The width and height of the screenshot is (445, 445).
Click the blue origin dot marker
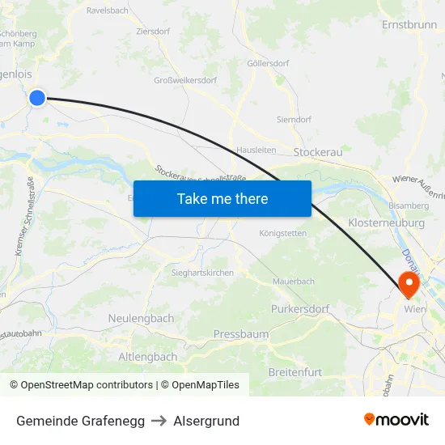pos(37,98)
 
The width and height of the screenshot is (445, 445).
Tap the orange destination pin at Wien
pos(408,284)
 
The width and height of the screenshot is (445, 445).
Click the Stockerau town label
pos(319,152)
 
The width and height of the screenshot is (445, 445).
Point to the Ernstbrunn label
pos(409,25)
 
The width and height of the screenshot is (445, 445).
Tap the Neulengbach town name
pos(141,319)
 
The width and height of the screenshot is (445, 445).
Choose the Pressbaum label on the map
pos(240,334)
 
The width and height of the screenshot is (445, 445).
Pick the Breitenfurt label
pos(295,372)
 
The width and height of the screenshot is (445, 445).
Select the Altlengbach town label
pos(148,357)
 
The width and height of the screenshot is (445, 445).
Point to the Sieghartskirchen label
pos(202,273)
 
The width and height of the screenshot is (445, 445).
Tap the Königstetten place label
pos(282,233)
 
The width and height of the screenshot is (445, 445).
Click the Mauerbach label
pos(293,282)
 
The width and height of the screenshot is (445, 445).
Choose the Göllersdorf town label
pos(268,63)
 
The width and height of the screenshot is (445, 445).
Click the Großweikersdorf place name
pos(185,80)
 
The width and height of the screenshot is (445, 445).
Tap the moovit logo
pos(396,419)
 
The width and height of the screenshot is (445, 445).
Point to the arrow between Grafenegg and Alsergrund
pos(159,421)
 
